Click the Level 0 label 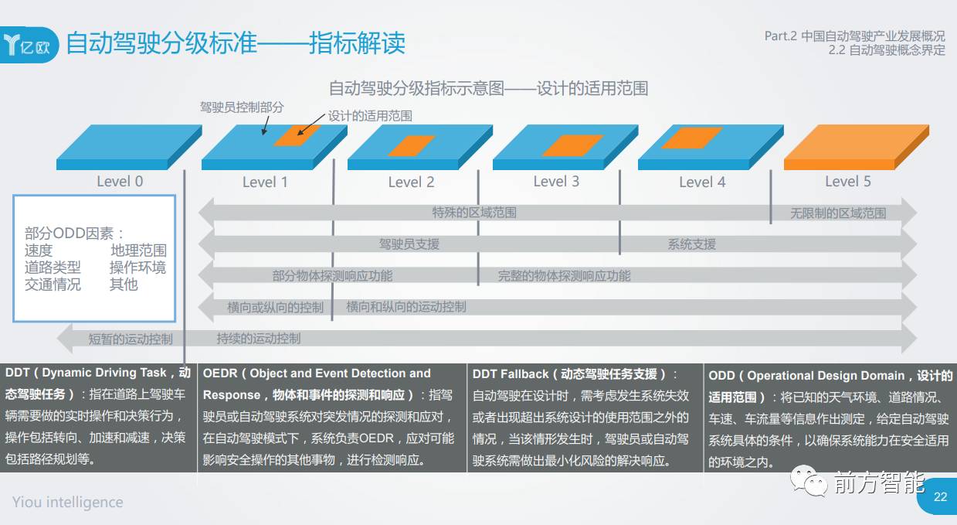tap(120, 182)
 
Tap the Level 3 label tap(556, 182)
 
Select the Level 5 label tap(847, 182)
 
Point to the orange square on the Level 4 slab tap(691, 138)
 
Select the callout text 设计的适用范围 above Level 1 tap(370, 116)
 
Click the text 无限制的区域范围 tap(838, 213)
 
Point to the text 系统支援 tap(691, 244)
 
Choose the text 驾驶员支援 tap(409, 244)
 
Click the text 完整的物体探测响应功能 tap(564, 276)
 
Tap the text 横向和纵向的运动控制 tap(406, 307)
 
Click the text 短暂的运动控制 tap(131, 339)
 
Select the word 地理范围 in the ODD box tap(138, 251)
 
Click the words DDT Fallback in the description tap(511, 374)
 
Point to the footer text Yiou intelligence tap(67, 503)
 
